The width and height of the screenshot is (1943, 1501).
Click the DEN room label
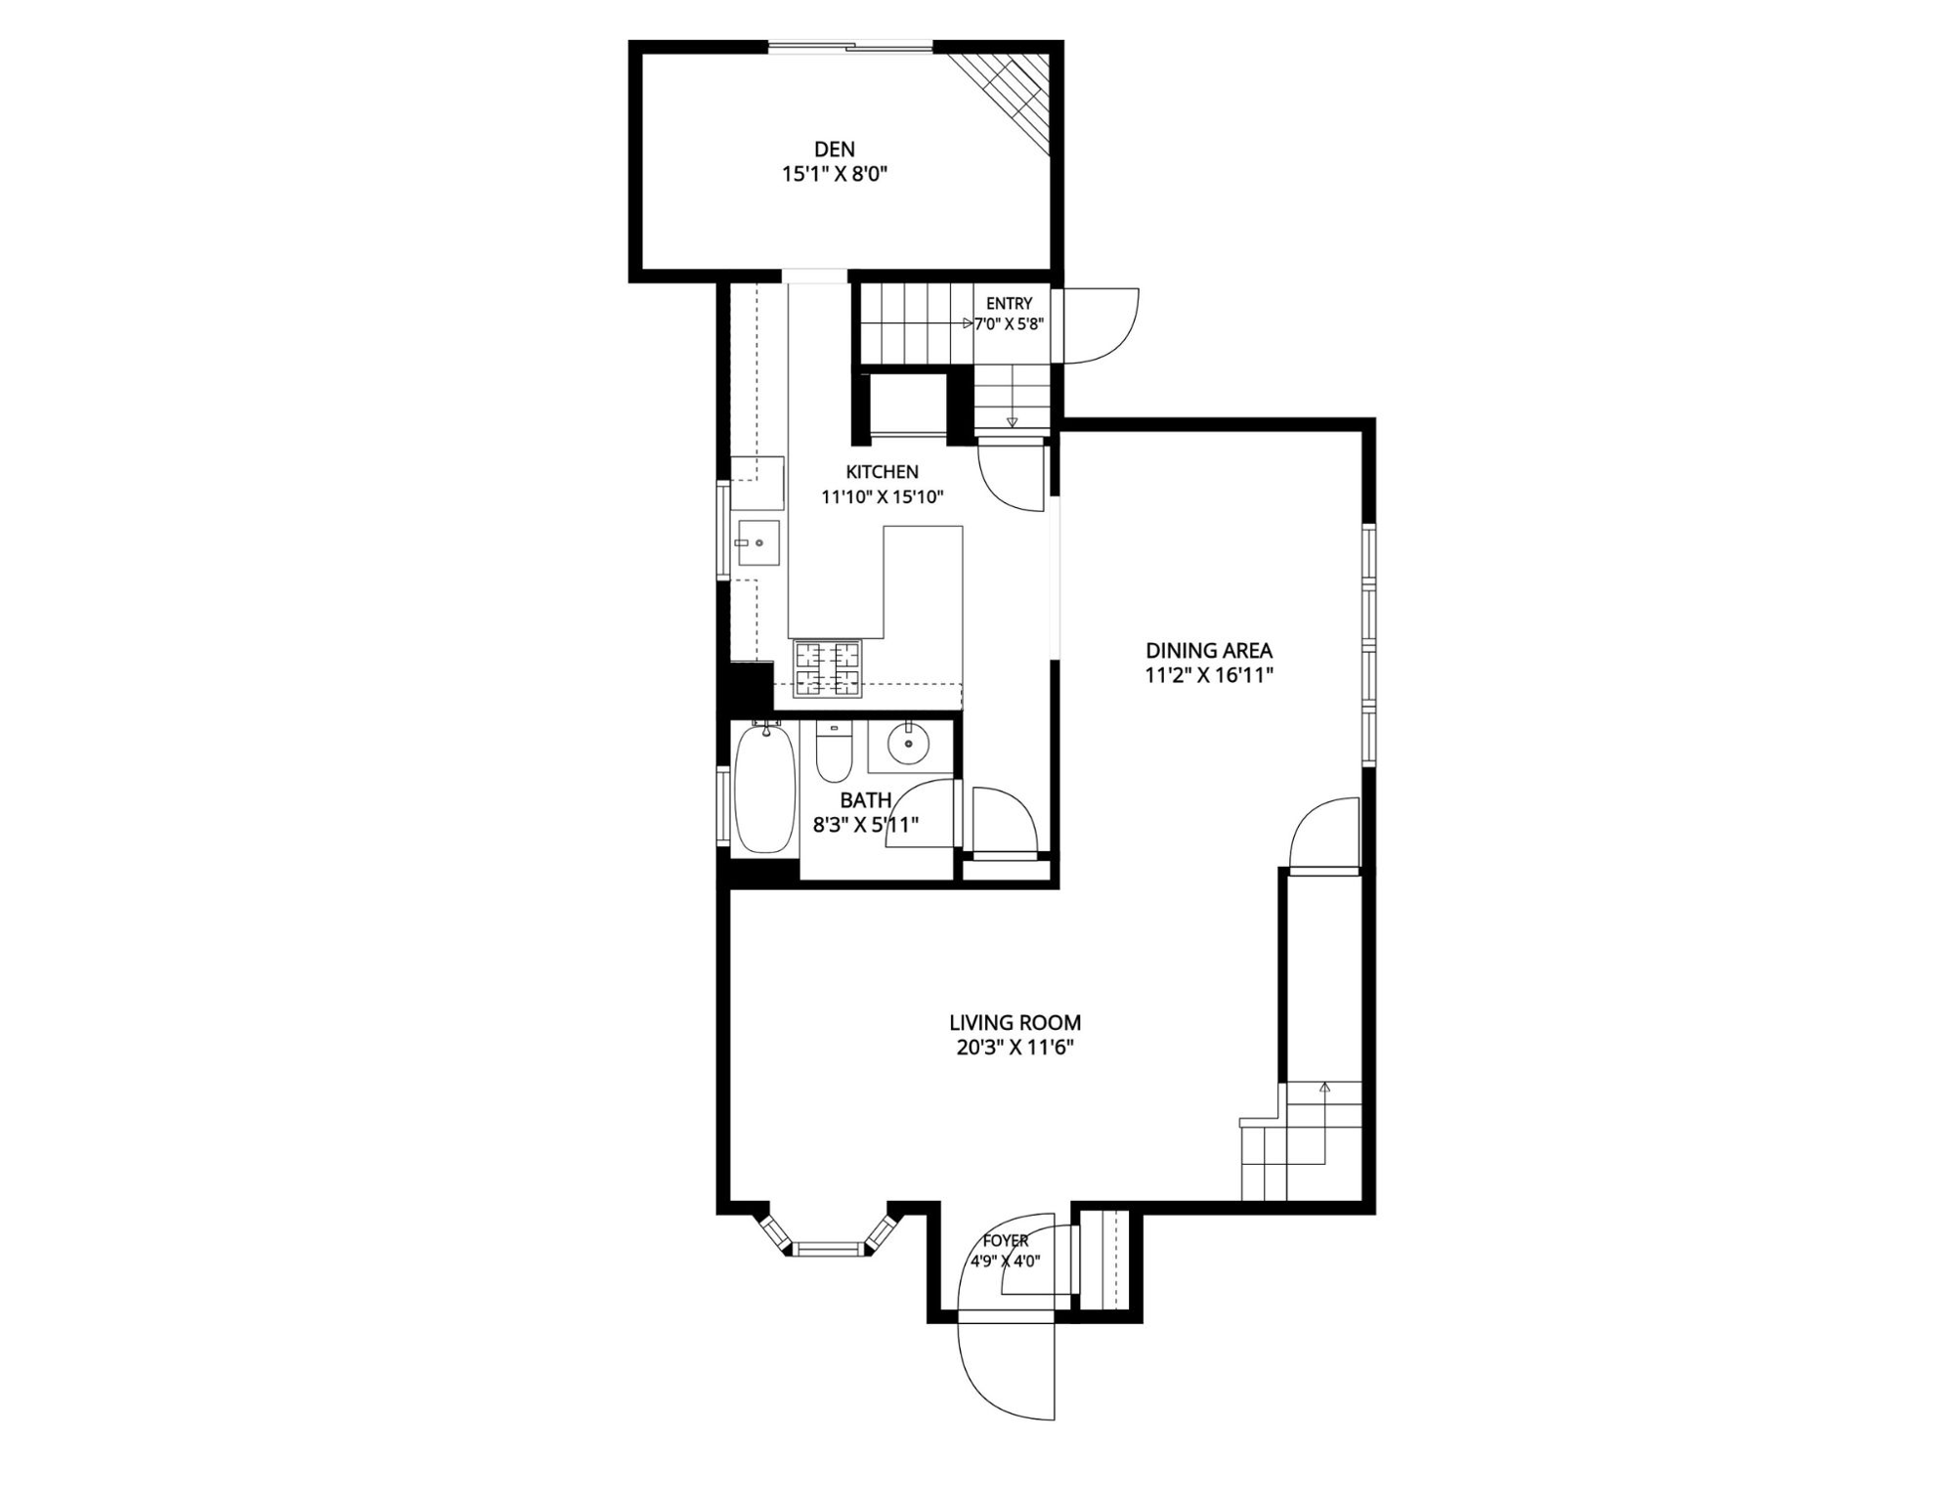[834, 150]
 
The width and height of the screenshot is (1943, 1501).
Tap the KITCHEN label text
[882, 472]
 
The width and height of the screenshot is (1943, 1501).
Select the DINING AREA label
[1209, 650]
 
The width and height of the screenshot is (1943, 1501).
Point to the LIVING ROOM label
[1015, 1023]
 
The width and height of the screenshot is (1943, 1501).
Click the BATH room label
[865, 801]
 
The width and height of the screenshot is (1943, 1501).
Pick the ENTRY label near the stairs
[1009, 304]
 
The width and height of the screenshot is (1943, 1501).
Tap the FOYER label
[1006, 1240]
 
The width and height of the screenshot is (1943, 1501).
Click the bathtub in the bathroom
[764, 789]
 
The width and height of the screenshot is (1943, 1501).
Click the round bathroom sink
[910, 745]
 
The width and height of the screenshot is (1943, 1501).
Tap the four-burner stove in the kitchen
[827, 667]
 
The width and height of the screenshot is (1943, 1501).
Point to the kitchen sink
[757, 543]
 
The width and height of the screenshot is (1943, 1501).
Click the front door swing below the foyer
[1007, 1368]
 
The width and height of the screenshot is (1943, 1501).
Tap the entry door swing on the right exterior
[1101, 325]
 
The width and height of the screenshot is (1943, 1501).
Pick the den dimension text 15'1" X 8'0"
[834, 175]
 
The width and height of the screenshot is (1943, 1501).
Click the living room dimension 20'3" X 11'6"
[1015, 1049]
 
